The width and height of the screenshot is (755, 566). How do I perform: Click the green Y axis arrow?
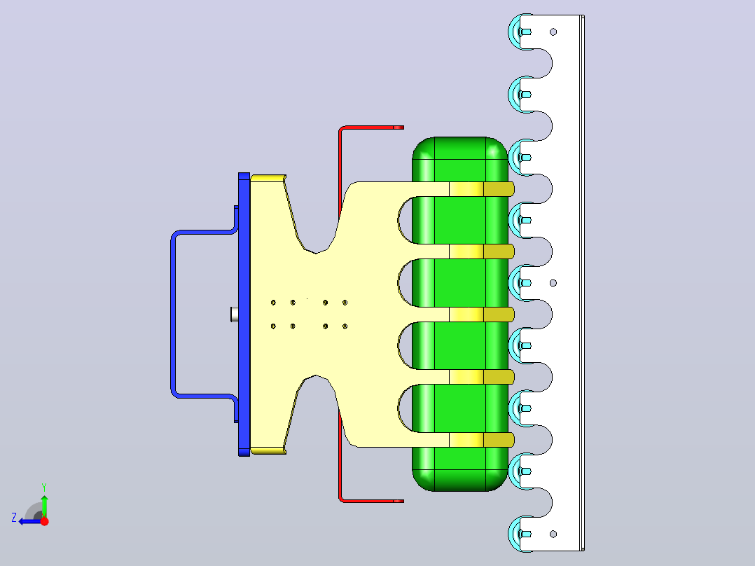pos(44,506)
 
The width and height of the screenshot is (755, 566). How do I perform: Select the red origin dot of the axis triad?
pos(44,521)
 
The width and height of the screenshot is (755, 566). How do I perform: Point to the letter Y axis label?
pos(44,488)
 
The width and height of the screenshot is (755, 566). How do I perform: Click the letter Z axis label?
pos(14,518)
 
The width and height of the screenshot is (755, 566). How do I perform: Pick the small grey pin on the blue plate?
pos(235,315)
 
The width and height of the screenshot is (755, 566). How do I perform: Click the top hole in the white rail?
pos(553,32)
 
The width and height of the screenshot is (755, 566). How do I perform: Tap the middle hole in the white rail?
pos(553,283)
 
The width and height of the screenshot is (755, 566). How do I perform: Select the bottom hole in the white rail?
pos(553,534)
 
